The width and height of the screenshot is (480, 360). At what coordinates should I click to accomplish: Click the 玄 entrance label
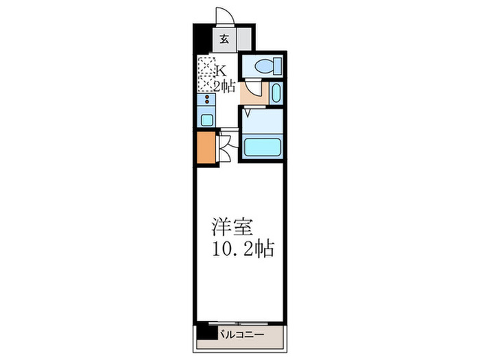tap(224, 39)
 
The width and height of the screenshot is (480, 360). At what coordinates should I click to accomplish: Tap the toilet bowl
tap(265, 67)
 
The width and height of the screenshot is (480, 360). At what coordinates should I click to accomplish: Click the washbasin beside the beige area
tap(275, 93)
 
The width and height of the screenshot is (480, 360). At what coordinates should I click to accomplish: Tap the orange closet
tap(205, 148)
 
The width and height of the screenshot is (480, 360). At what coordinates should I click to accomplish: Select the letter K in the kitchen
tap(221, 71)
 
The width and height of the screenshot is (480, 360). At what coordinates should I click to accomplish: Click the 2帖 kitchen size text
tap(224, 86)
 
